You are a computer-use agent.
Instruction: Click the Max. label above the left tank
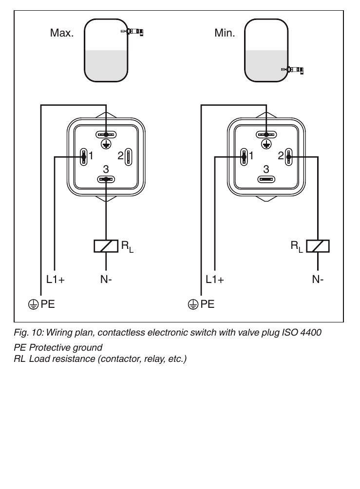coord(62,33)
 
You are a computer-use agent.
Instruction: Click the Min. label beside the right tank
coord(225,33)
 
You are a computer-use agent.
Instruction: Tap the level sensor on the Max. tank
coord(133,32)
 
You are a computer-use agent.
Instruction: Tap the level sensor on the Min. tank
coord(293,70)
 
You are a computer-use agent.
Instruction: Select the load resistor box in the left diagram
coord(106,246)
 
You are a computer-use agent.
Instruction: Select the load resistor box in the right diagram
coord(318,246)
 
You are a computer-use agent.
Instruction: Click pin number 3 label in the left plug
coord(106,169)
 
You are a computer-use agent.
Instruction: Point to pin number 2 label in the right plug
coord(281,156)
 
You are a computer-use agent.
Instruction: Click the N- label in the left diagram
coord(106,280)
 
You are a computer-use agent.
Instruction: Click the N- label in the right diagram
coord(318,280)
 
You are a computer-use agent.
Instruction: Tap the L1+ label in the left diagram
coord(56,280)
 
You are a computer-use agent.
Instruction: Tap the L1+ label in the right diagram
coord(215,280)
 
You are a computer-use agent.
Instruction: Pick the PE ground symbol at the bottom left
coord(34,304)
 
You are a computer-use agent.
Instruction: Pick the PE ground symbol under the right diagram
coord(193,304)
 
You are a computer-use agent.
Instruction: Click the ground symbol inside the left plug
coord(106,144)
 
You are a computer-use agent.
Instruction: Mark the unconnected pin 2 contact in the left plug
coord(128,157)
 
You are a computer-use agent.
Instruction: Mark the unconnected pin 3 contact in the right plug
coord(266,179)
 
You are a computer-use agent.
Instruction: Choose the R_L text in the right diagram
coord(297,247)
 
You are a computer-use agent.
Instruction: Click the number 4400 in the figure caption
coord(310,333)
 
